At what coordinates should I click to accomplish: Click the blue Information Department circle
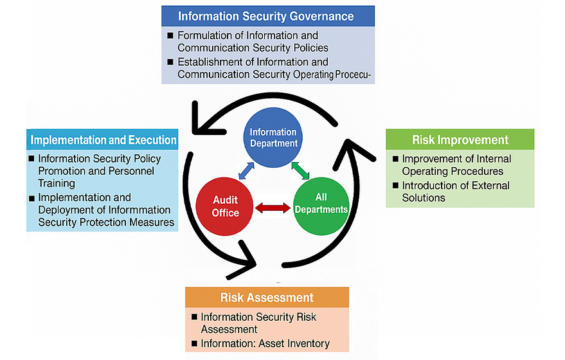coord(273,138)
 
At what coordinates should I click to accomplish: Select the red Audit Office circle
coord(226,207)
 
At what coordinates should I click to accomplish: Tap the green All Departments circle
coord(321,203)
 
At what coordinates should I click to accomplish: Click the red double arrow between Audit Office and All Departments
coord(273,208)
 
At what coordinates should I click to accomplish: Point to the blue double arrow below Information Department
coord(245,170)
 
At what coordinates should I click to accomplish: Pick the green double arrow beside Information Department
coord(301,170)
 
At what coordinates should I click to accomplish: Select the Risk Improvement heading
coord(460,139)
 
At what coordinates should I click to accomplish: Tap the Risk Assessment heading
coord(267,297)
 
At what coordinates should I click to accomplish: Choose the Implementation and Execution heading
coord(103,139)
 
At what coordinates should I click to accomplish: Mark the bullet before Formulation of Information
coord(170,35)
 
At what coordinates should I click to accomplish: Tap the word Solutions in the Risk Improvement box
coord(424,197)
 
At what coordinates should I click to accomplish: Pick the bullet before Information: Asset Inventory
coord(194,344)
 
